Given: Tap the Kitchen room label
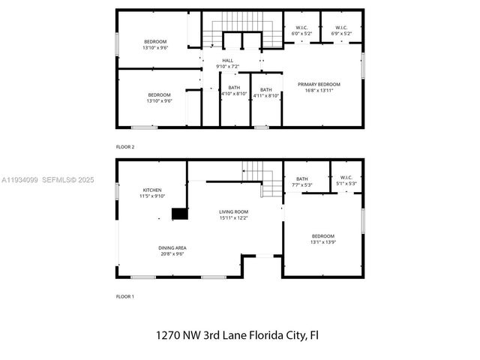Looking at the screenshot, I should pos(153,190).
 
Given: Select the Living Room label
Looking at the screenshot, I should pos(233,211).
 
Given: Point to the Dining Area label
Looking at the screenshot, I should pos(172,247).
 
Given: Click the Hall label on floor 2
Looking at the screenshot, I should pos(228,61).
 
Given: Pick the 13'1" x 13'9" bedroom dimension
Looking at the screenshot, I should pos(322,242).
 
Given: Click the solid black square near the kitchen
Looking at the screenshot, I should pos(178,214).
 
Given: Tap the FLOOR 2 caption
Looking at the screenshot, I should pos(125,146).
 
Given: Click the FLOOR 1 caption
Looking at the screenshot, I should pos(125,296).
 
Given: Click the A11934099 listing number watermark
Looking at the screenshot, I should pos(19,180).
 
